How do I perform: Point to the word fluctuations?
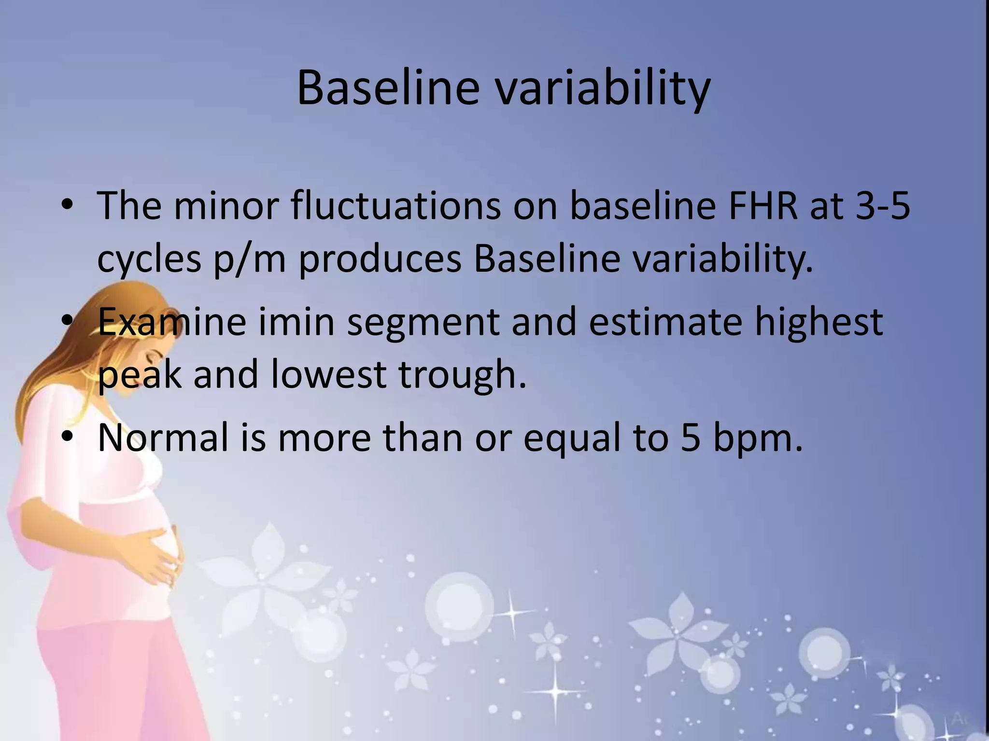click(396, 206)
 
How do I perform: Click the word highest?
click(819, 322)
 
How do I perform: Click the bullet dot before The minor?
click(68, 206)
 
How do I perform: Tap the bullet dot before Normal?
click(68, 437)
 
